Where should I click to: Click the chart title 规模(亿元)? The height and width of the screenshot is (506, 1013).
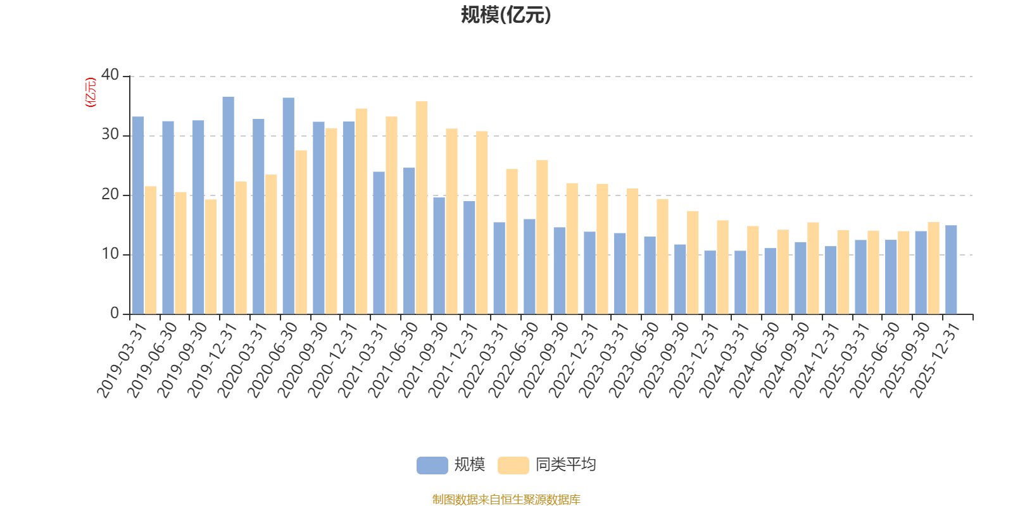(x=506, y=15)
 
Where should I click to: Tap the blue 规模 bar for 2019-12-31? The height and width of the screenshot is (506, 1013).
(x=228, y=206)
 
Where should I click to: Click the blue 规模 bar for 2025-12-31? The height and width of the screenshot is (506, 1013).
(x=951, y=269)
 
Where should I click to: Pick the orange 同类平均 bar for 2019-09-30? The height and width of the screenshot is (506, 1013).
(x=211, y=257)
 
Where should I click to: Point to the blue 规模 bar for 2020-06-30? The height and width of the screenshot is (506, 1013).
(x=288, y=206)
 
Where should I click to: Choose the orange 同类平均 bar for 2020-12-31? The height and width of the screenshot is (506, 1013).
(x=361, y=211)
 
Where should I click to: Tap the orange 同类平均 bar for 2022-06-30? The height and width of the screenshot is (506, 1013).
(x=542, y=237)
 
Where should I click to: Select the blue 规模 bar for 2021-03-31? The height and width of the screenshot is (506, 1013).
(x=379, y=243)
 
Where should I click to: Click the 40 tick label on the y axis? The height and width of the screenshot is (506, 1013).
(x=110, y=75)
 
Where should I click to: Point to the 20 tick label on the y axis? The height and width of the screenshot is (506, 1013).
(x=110, y=194)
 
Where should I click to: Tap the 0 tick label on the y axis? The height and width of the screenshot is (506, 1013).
(x=114, y=313)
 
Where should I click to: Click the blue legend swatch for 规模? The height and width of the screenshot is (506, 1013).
(x=432, y=466)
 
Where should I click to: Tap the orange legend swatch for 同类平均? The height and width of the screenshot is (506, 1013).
(x=513, y=466)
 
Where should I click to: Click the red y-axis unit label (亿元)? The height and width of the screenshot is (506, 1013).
(x=91, y=92)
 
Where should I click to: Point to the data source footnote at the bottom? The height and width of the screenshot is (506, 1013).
(x=506, y=500)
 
